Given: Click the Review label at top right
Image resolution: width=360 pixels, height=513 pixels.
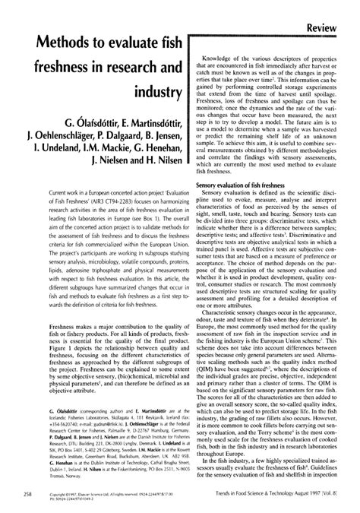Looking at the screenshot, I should pyautogui.click(x=332, y=10).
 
